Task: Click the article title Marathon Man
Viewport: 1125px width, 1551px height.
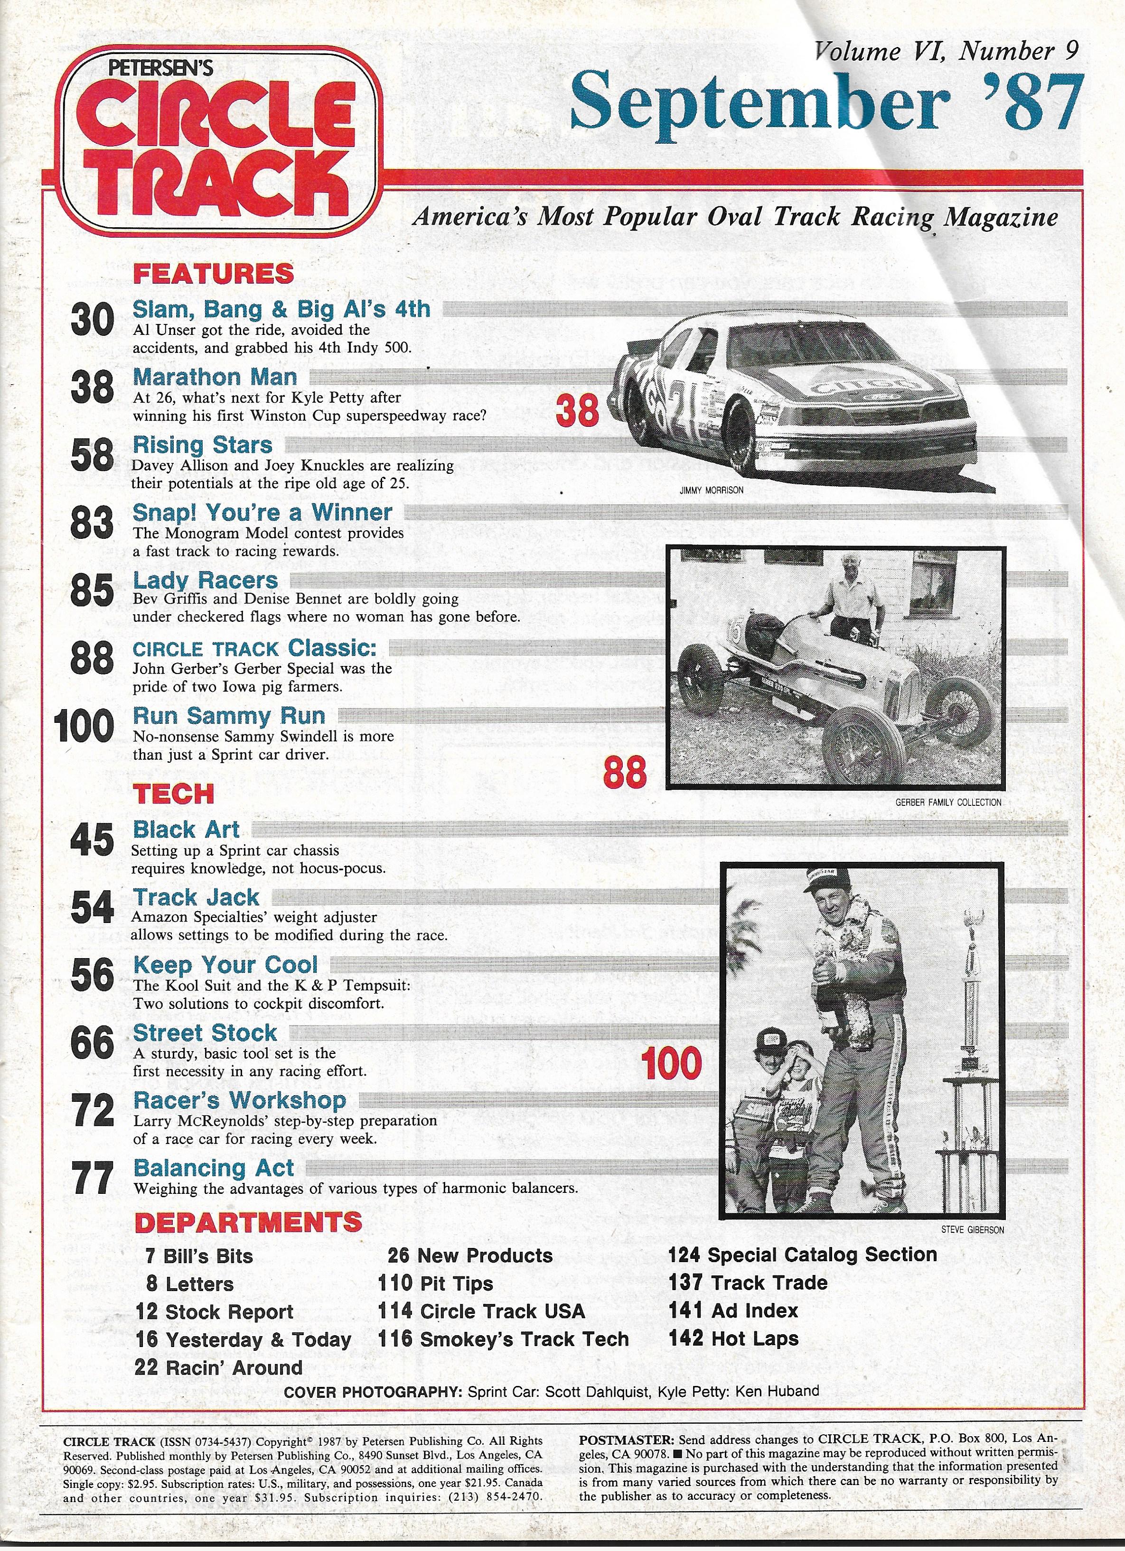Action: point(215,377)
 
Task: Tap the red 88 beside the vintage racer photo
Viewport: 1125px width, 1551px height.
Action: point(624,773)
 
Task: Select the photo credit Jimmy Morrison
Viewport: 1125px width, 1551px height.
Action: point(711,490)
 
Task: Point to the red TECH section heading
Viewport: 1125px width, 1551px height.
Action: point(173,794)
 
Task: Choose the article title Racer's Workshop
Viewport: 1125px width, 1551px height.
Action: point(240,1100)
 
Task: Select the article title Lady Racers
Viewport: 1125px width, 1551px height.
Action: point(205,581)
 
